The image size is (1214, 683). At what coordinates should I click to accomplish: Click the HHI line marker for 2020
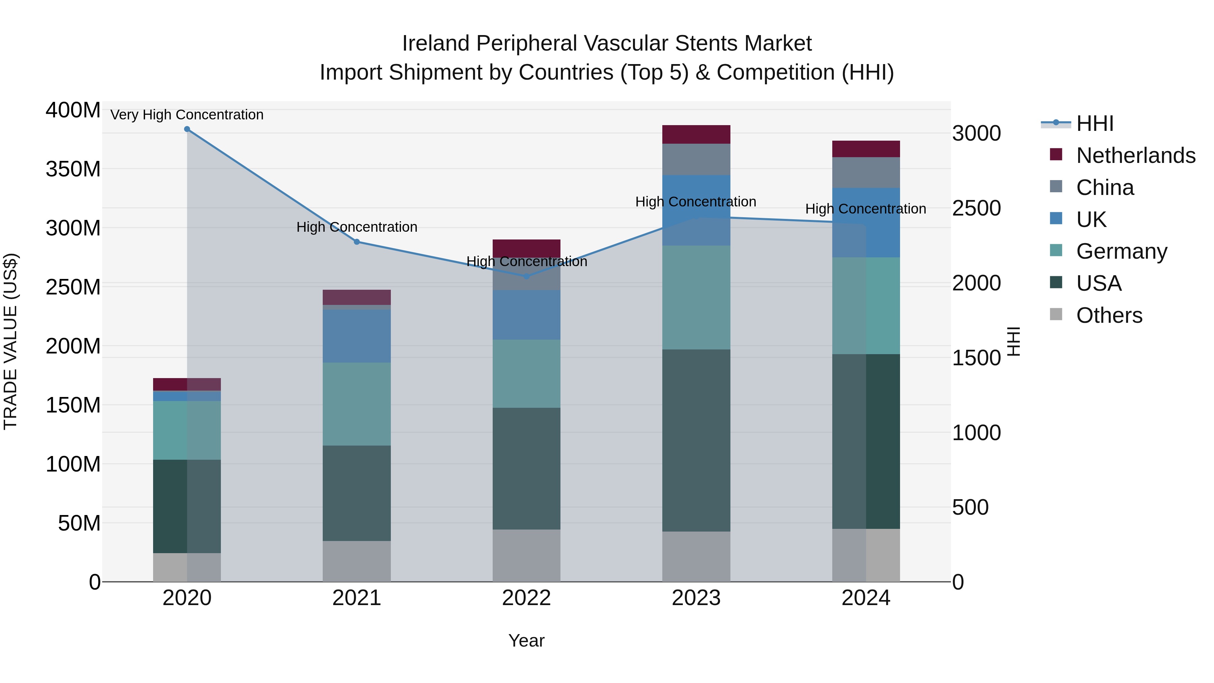pyautogui.click(x=187, y=129)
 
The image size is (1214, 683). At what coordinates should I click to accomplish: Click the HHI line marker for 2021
pyautogui.click(x=357, y=242)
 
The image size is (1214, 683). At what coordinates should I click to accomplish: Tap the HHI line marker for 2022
pyautogui.click(x=526, y=276)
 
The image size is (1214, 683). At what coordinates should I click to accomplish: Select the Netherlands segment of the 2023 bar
pyautogui.click(x=696, y=134)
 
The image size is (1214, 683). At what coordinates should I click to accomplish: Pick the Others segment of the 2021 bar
pyautogui.click(x=357, y=561)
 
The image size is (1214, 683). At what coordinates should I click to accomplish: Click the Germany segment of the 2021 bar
pyautogui.click(x=357, y=404)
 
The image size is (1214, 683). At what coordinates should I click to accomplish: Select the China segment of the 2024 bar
pyautogui.click(x=866, y=172)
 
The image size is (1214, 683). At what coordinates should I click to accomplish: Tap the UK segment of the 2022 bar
pyautogui.click(x=526, y=315)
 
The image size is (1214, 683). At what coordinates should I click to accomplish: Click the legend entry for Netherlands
pyautogui.click(x=1135, y=155)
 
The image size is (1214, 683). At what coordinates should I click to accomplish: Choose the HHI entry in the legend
pyautogui.click(x=1094, y=123)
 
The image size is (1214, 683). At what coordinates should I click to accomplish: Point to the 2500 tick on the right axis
pyautogui.click(x=976, y=208)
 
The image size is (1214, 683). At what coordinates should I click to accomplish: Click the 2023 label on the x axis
pyautogui.click(x=696, y=598)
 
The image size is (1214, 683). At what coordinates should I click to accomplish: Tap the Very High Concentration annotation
pyautogui.click(x=187, y=115)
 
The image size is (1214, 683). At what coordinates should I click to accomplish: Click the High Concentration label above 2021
pyautogui.click(x=357, y=227)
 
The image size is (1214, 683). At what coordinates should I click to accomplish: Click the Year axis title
pyautogui.click(x=526, y=641)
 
